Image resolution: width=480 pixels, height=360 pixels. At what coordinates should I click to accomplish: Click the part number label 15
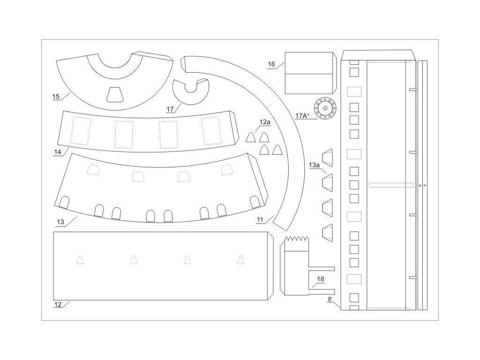click(x=56, y=97)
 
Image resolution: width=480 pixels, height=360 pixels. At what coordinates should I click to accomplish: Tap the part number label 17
click(x=170, y=109)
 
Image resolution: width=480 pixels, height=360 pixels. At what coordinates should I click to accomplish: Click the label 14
click(x=58, y=152)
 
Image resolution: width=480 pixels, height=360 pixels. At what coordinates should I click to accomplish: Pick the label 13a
click(x=314, y=165)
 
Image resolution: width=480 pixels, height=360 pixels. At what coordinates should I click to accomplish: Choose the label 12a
click(x=265, y=122)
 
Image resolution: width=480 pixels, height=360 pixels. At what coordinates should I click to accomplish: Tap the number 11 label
click(x=260, y=219)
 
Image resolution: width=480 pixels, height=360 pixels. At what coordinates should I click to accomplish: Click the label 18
click(x=320, y=279)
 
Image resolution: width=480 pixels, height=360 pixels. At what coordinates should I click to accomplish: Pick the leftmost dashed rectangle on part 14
click(x=80, y=131)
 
